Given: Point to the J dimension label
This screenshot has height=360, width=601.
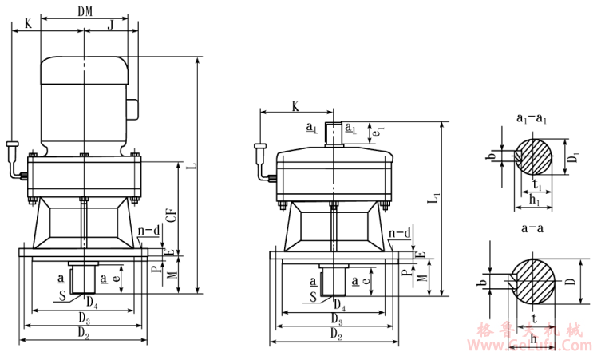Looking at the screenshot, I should pyautogui.click(x=111, y=23).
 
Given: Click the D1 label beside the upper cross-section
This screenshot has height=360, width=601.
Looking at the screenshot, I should pyautogui.click(x=571, y=154).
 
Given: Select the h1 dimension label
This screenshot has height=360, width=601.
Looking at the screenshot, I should pyautogui.click(x=533, y=203).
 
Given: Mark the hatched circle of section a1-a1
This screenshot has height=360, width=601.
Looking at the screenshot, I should pyautogui.click(x=535, y=156).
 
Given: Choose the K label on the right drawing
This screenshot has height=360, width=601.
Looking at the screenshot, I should pyautogui.click(x=295, y=105).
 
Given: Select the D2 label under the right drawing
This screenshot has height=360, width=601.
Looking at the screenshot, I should pyautogui.click(x=335, y=338).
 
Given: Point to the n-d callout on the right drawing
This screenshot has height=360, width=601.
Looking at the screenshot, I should pyautogui.click(x=401, y=233).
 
